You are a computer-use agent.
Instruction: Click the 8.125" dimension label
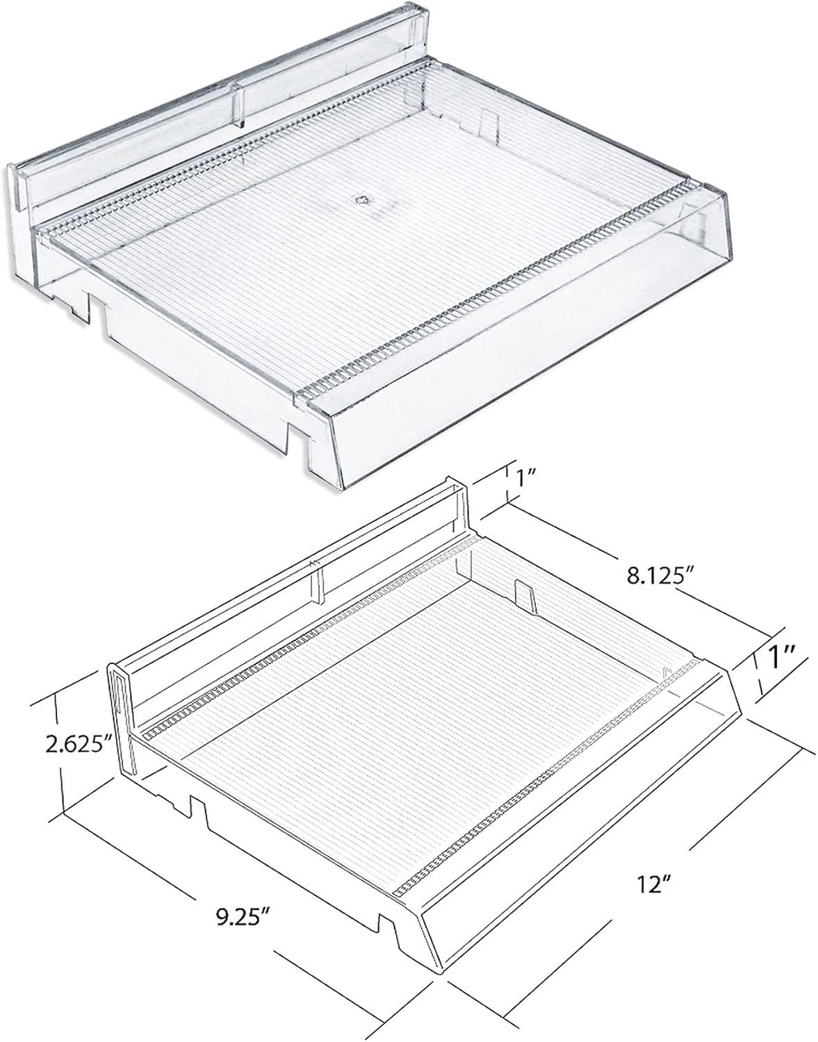(657, 576)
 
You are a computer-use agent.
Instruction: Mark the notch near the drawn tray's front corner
(391, 928)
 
